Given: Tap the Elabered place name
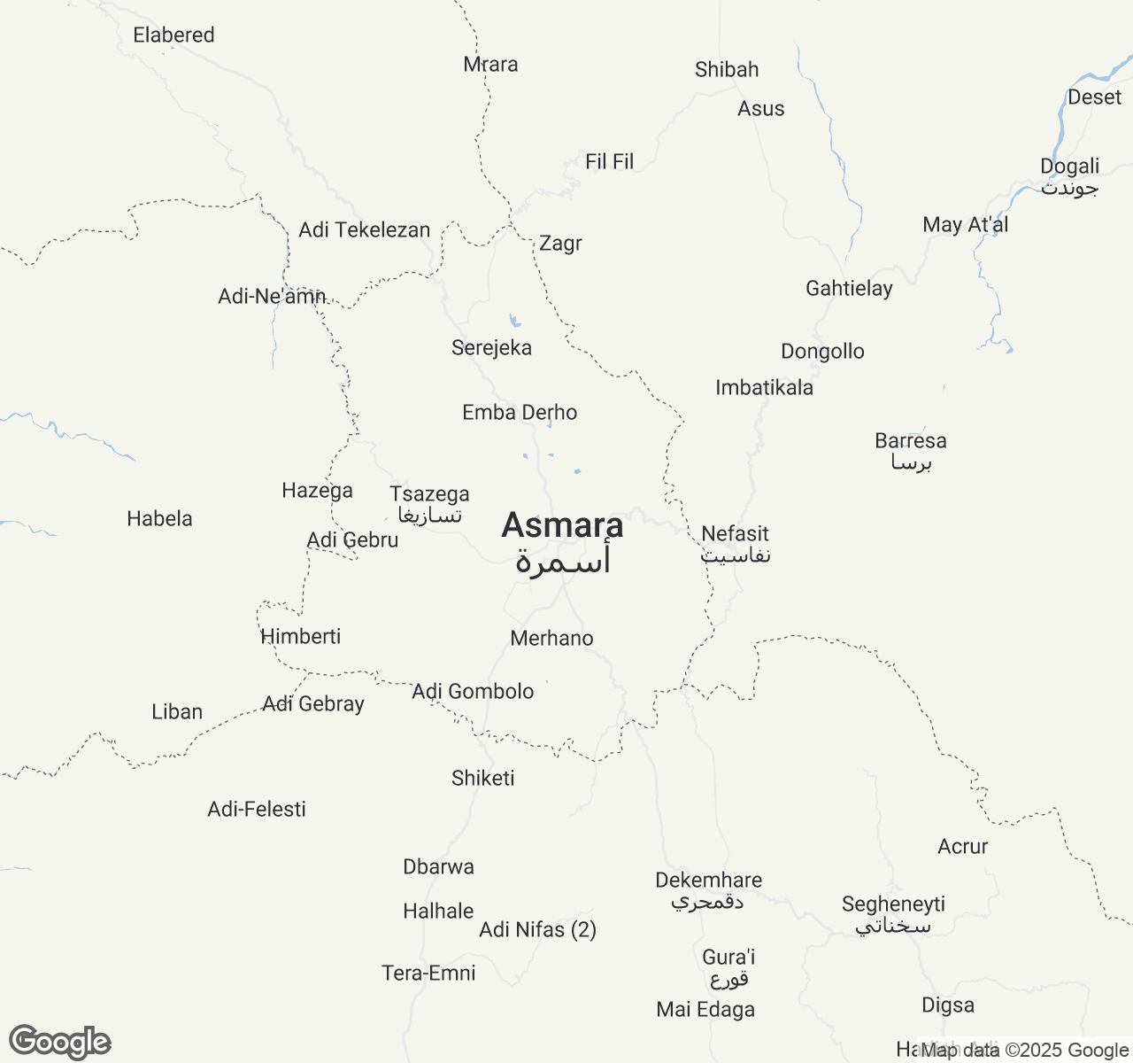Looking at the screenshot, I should (173, 35).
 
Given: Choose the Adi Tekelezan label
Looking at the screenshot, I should (364, 230).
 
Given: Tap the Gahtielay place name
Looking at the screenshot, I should (849, 289).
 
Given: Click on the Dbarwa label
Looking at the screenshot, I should (438, 867).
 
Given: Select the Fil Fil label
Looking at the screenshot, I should (609, 162).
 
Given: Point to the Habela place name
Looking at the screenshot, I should (159, 519).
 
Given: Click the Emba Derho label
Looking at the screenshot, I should (520, 413).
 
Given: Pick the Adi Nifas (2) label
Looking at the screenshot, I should (537, 930).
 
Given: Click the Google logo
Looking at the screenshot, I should (59, 1042).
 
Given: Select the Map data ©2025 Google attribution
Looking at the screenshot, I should (1025, 1051).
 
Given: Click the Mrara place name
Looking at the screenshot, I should (490, 65).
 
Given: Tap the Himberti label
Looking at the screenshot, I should (301, 637).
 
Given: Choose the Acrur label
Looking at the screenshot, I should (962, 847).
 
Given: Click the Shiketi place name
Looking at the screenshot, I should (482, 779).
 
